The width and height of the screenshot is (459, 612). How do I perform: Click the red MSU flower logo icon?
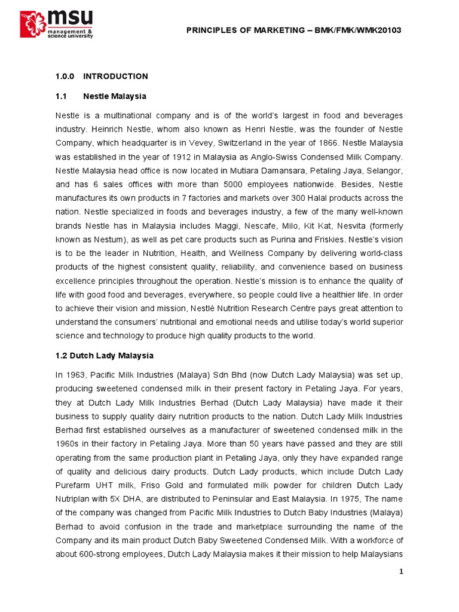click(x=31, y=25)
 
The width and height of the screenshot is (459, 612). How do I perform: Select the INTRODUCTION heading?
click(x=115, y=76)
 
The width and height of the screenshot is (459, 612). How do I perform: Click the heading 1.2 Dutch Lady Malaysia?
click(x=104, y=356)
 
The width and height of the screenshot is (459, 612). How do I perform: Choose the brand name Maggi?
click(x=237, y=226)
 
